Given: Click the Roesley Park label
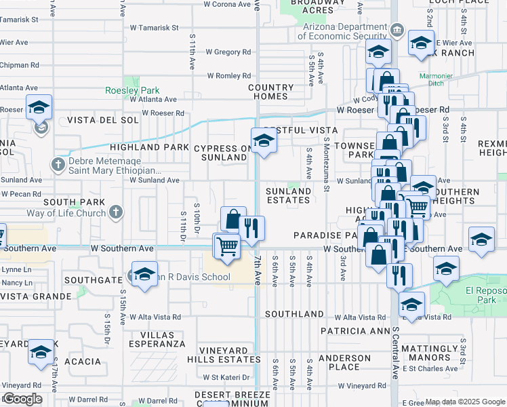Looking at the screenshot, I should [x=131, y=90].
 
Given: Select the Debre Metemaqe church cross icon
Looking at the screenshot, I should [x=58, y=164].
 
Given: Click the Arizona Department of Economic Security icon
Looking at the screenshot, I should [x=398, y=31].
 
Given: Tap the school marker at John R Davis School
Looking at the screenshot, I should [x=144, y=274].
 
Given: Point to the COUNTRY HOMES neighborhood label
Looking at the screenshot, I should [x=271, y=92].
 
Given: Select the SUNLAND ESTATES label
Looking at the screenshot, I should [x=288, y=196].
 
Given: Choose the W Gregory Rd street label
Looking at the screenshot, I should [x=228, y=52].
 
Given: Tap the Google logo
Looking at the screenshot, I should [x=22, y=398].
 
